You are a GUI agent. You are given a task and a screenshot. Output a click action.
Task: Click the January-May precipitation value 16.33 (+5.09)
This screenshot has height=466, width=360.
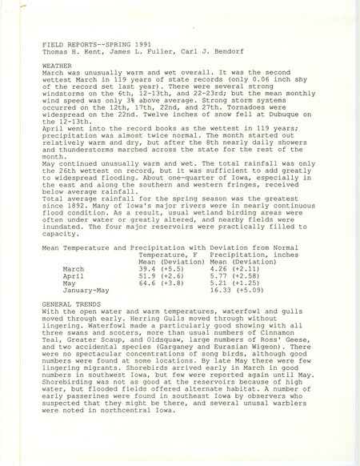238,295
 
